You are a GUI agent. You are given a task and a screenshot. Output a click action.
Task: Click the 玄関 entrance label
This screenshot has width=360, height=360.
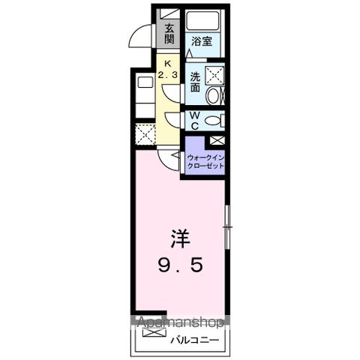pyautogui.click(x=170, y=34)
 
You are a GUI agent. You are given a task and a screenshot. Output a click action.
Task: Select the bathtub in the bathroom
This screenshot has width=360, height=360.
pyautogui.click(x=202, y=20)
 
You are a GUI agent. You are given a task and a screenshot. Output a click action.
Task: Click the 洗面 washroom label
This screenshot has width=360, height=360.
pyautogui.click(x=194, y=81)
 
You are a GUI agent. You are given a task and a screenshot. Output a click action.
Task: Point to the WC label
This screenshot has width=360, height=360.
pyautogui.click(x=193, y=120)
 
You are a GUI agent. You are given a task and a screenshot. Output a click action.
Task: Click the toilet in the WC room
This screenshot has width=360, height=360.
pyautogui.click(x=214, y=121)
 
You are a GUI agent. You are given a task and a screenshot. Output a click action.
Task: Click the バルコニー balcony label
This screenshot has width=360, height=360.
pyautogui.click(x=194, y=340)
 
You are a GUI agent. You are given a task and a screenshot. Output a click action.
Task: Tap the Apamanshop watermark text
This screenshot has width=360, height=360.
pyautogui.click(x=179, y=324)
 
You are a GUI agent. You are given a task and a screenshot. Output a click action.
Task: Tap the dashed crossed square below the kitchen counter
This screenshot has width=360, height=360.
pyautogui.click(x=143, y=133)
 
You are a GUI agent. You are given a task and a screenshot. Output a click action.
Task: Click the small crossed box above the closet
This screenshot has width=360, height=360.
pyautogui.click(x=217, y=140)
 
